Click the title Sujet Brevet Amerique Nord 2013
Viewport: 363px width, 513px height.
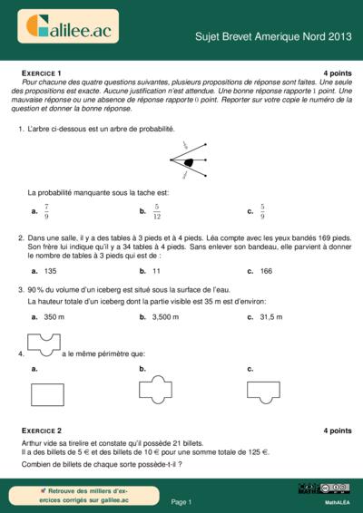[x=272, y=37]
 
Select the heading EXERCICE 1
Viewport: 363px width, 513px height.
[x=41, y=72]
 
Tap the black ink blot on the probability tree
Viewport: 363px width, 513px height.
[x=189, y=162]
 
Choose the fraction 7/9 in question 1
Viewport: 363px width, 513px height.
[x=46, y=212]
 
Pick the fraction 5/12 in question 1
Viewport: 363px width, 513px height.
[x=156, y=212]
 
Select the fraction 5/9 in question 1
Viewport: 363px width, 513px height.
[x=262, y=212]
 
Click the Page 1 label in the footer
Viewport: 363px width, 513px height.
[x=181, y=501]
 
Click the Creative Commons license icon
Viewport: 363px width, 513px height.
[x=324, y=489]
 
